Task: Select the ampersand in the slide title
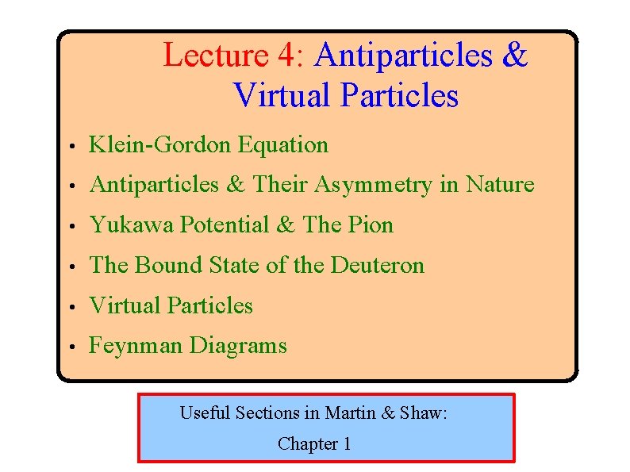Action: coord(514,56)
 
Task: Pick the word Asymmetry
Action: coord(371,185)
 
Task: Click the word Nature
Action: coord(500,185)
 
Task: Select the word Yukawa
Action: coord(131,225)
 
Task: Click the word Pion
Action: coord(371,225)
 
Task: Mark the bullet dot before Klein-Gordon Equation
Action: coord(71,147)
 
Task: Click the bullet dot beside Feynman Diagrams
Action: coord(71,347)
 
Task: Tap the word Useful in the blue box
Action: coord(205,413)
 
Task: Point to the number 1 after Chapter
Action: coord(346,444)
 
